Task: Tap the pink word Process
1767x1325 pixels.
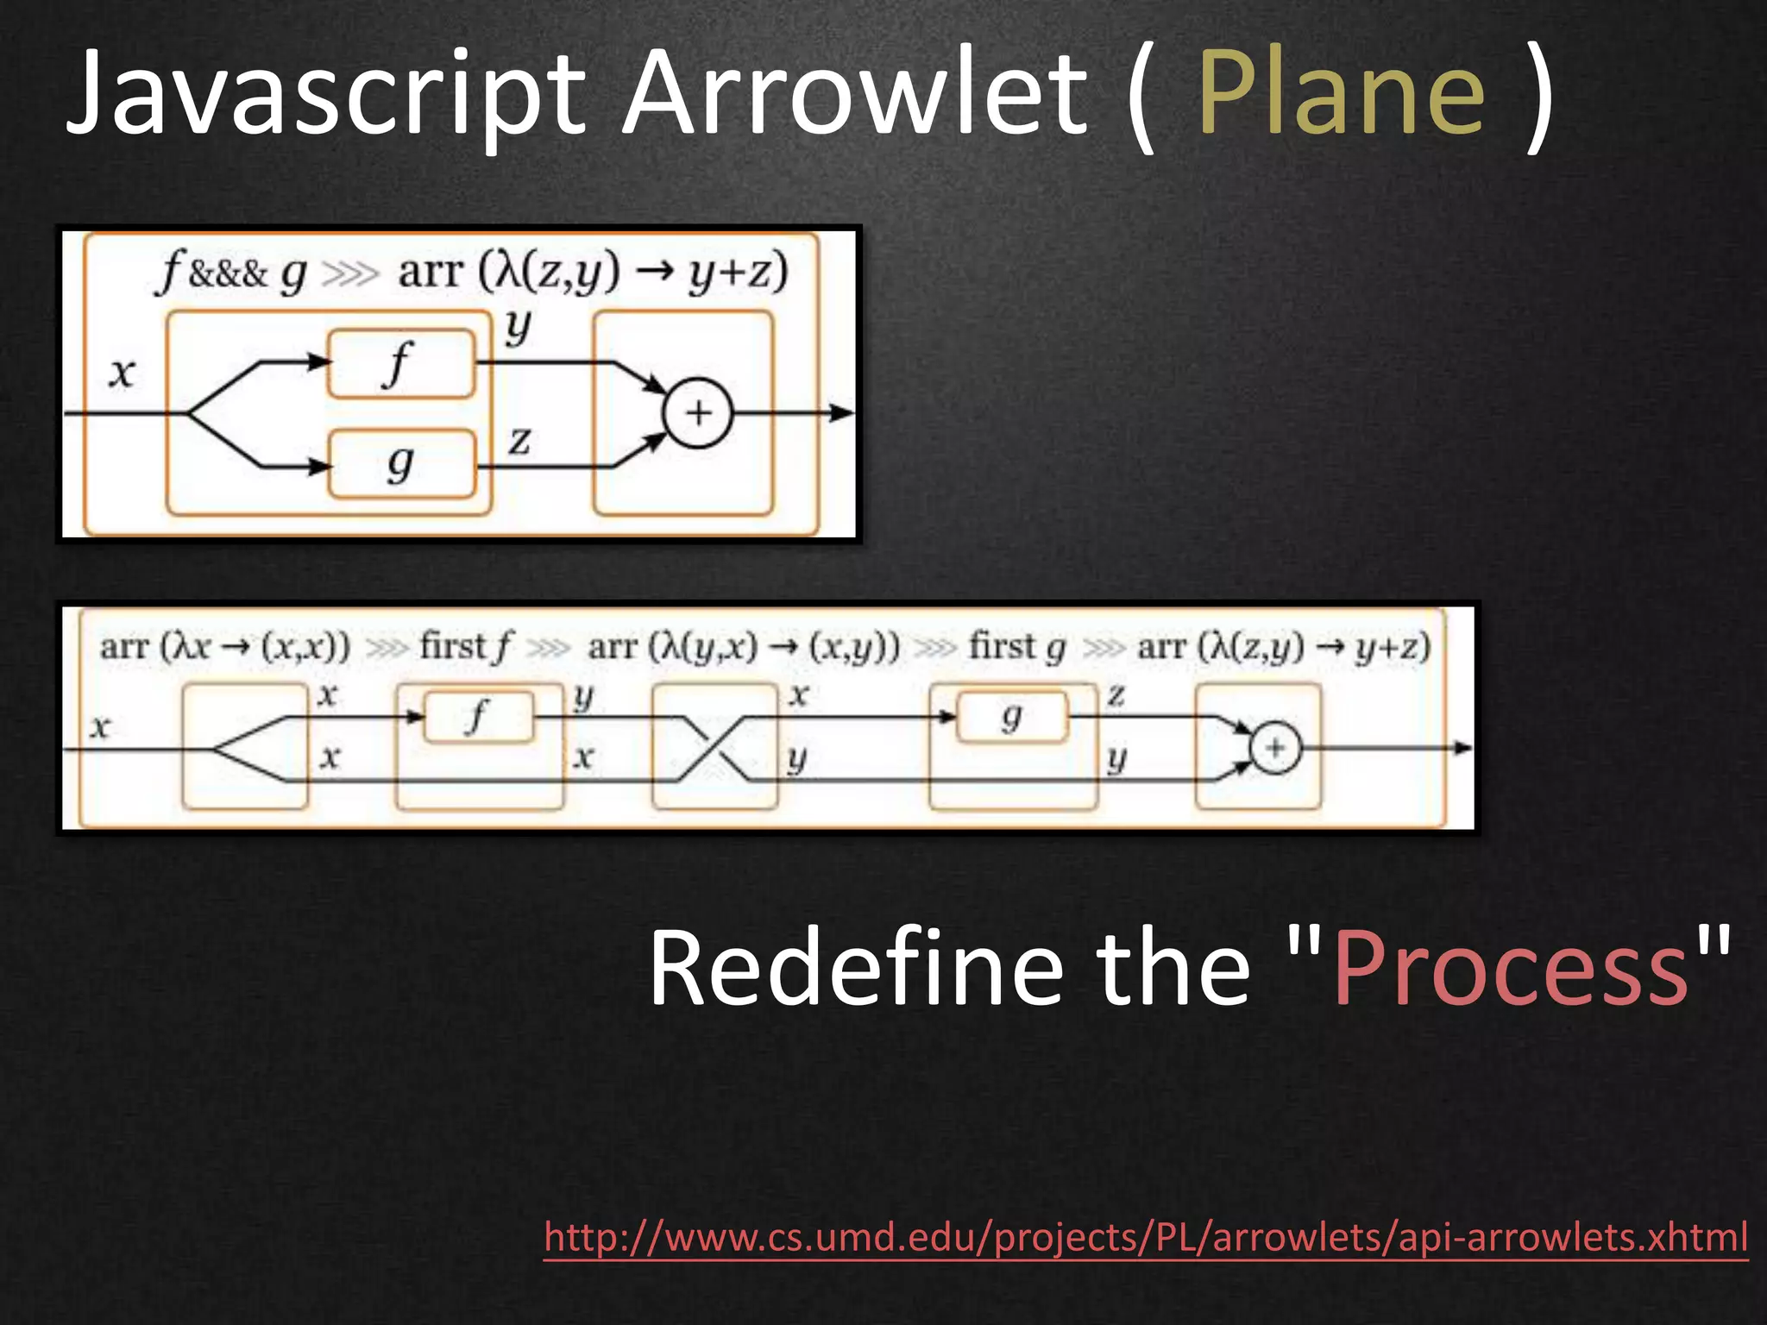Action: point(1510,968)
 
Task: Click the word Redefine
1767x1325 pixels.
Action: point(854,968)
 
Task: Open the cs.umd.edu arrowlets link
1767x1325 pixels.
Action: point(1146,1237)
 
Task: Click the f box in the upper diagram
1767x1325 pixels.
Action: point(401,364)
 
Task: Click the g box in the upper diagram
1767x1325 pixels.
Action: point(401,464)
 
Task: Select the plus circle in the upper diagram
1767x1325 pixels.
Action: point(697,413)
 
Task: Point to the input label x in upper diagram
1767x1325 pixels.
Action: point(122,373)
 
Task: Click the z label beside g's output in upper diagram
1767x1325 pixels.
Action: point(519,442)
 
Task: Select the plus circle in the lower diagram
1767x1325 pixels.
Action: point(1275,748)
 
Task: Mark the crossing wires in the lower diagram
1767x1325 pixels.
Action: point(714,749)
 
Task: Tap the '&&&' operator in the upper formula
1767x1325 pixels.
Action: point(228,274)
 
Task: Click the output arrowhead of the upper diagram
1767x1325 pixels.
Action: point(842,413)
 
